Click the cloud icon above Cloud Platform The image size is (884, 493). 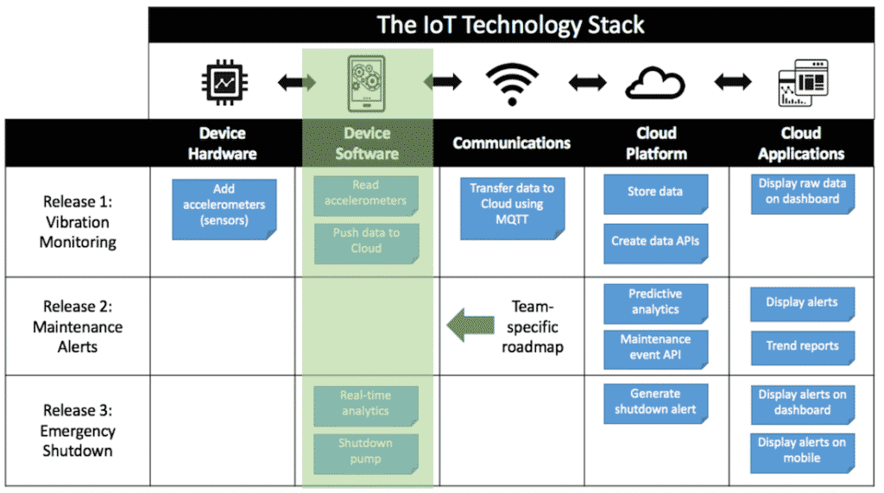pos(655,84)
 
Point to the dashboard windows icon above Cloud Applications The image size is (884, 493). pos(802,83)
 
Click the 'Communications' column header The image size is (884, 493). pos(511,143)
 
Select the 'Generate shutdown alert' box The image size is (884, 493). pos(655,403)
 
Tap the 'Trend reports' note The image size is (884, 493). pos(802,347)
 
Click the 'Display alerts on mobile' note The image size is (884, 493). pos(802,452)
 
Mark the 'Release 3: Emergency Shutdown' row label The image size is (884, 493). pos(79,430)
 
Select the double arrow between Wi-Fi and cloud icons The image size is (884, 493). pos(586,83)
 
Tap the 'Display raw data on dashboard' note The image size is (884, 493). pos(802,193)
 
